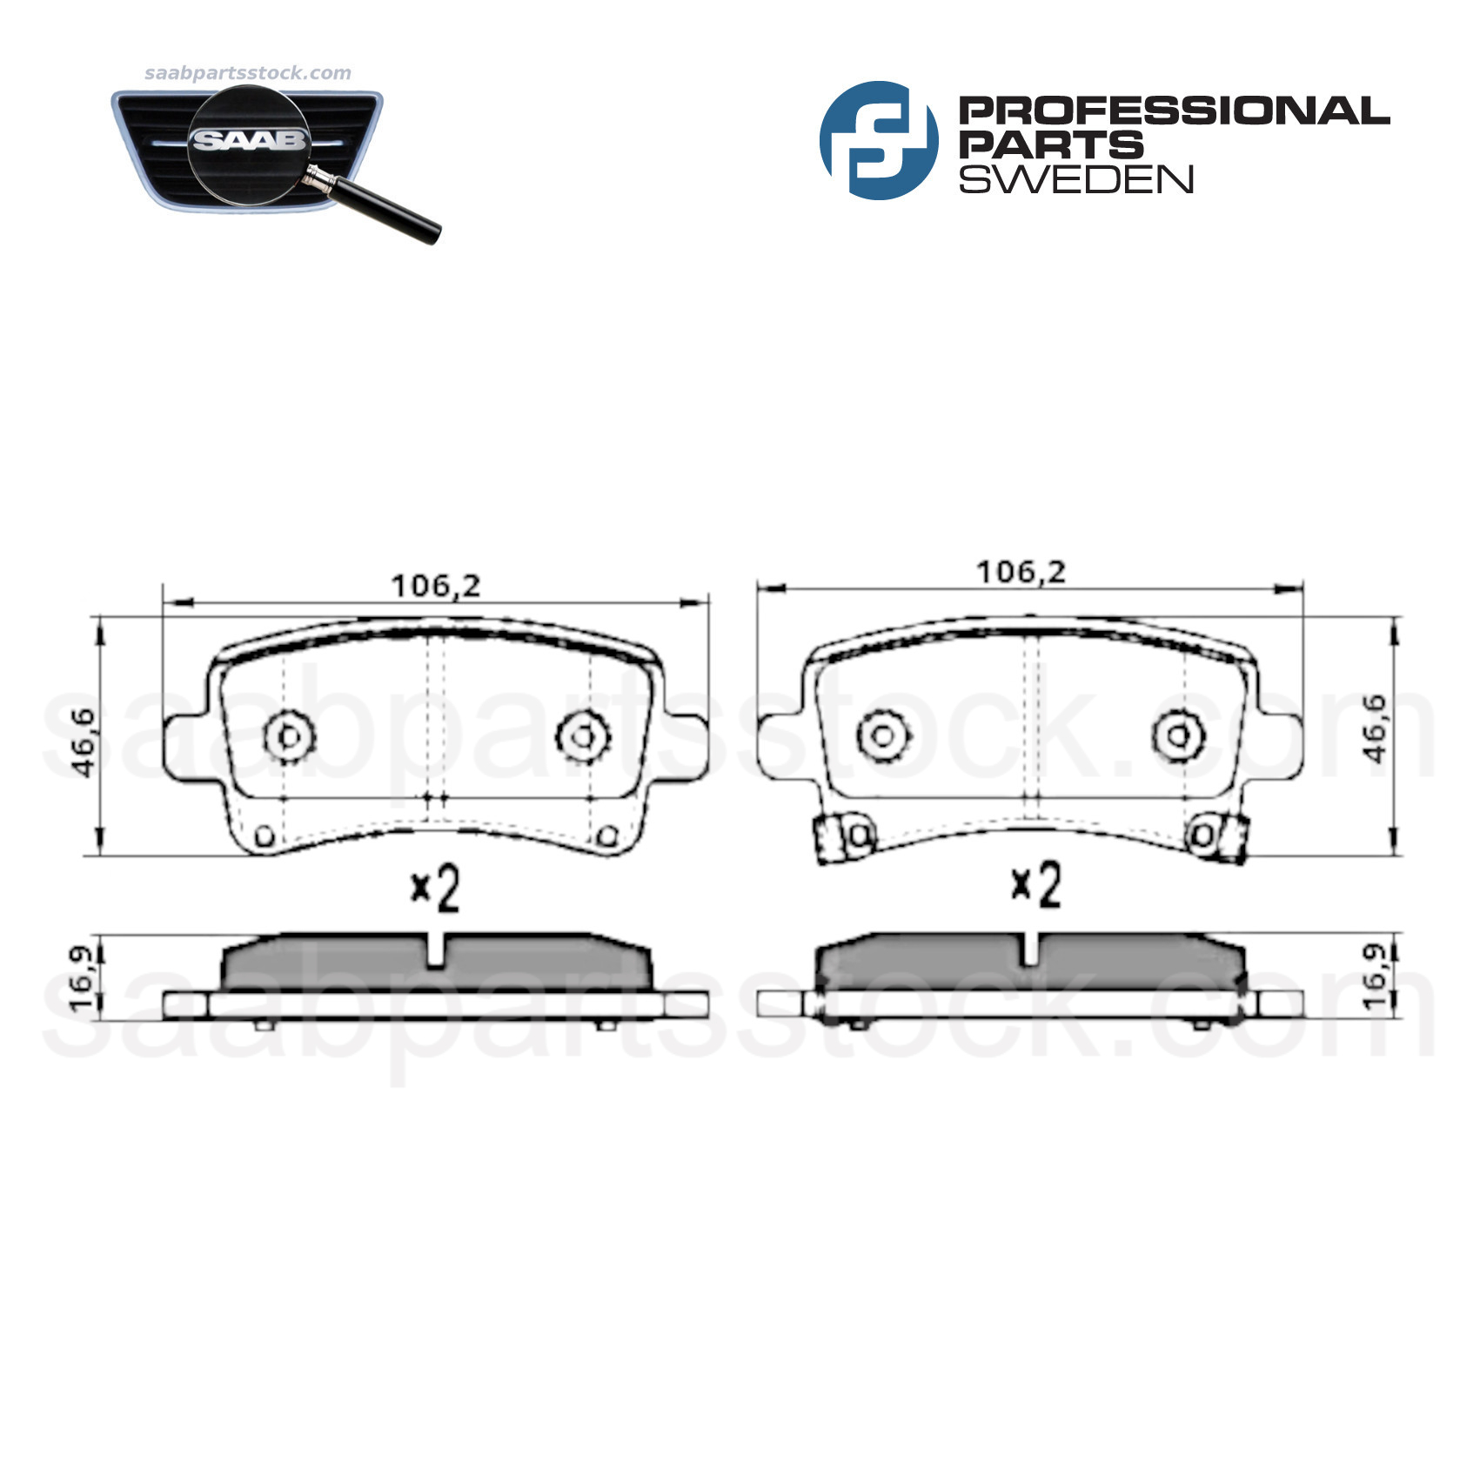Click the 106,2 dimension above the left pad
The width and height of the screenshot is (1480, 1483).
click(435, 586)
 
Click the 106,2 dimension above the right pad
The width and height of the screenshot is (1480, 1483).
click(1021, 572)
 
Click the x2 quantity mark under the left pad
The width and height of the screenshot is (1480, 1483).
click(435, 889)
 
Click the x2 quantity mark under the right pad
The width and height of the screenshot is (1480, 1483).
click(1035, 885)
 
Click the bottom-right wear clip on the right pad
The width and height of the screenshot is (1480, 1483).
click(1232, 840)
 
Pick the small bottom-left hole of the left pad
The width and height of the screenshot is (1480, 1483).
click(265, 836)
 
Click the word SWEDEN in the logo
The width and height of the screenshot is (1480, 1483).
click(1075, 178)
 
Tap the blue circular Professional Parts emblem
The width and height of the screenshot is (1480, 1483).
click(878, 140)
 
